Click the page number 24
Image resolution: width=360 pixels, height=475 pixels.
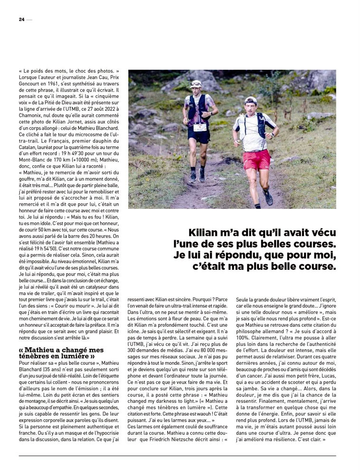point(21,19)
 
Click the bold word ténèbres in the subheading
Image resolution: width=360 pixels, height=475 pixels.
point(36,356)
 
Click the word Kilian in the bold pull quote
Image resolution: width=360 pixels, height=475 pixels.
point(203,233)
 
